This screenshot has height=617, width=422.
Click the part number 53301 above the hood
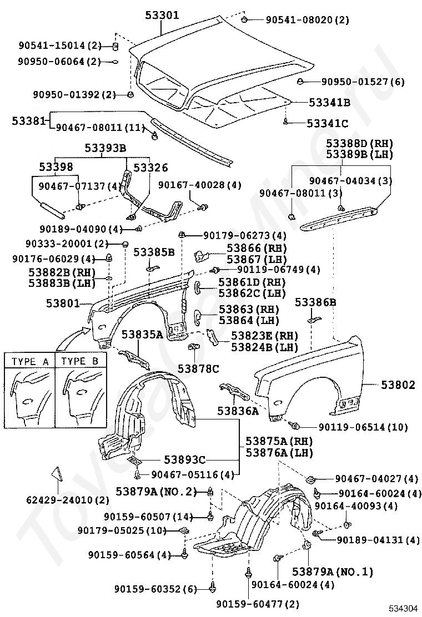click(162, 16)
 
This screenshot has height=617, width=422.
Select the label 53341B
click(329, 103)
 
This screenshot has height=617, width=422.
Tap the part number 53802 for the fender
click(398, 385)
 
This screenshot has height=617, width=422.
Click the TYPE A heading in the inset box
click(31, 361)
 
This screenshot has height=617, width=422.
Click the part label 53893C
click(184, 459)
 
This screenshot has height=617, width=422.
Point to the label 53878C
click(198, 368)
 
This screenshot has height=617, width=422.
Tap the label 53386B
click(315, 302)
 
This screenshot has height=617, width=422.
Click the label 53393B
click(105, 148)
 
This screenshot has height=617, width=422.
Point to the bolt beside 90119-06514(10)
click(296, 426)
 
